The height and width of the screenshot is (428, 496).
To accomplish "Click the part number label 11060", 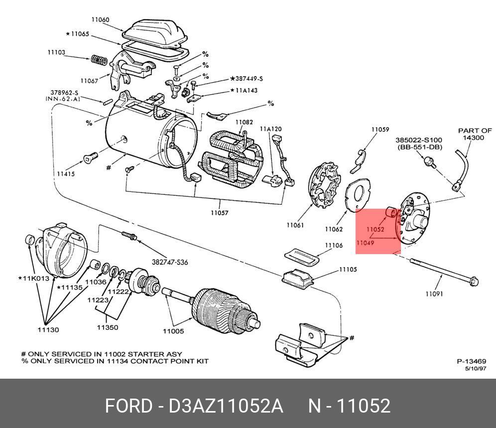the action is coord(100,20).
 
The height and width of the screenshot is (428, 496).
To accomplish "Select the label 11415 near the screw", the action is coord(66,174).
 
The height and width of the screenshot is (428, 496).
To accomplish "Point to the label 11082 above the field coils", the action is coord(244,122).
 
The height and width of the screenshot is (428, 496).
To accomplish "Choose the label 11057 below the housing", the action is coord(219,213).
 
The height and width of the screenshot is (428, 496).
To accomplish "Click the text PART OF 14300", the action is coord(475,134).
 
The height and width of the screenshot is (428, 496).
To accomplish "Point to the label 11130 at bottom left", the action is coord(48,330).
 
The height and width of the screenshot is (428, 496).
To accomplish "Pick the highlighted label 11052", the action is coord(375,230).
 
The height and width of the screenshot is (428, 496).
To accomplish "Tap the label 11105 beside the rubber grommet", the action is coord(348,270).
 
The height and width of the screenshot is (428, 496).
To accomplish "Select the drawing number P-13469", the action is coord(471,362).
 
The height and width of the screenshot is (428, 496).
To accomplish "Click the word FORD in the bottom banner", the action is coord(128,406).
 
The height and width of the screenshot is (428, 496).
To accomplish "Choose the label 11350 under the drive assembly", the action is coord(107,327).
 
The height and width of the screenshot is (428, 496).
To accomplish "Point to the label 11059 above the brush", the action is coord(380,130).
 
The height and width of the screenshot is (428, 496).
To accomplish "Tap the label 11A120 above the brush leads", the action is coord(270,129).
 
